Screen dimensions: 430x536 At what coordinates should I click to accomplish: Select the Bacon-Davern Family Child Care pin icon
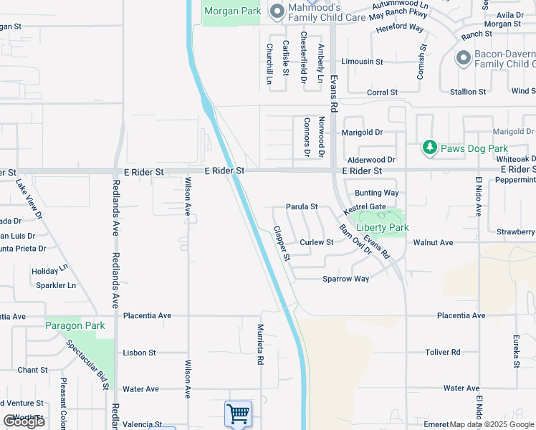click(x=464, y=58)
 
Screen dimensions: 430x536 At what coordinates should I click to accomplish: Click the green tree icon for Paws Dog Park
click(x=429, y=148)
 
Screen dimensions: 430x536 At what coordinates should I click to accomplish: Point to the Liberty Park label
click(x=383, y=227)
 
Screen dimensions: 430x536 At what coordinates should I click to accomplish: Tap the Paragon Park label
click(x=75, y=325)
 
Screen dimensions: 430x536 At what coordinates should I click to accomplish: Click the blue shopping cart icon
click(x=237, y=414)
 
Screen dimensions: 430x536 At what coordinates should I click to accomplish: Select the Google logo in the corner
click(x=24, y=421)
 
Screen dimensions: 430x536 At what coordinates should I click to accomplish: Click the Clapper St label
click(x=282, y=244)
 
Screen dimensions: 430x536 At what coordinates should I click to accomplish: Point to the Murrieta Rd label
click(x=261, y=344)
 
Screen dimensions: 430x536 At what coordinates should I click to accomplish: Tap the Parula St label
click(x=302, y=206)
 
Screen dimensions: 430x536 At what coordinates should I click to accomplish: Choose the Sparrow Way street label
click(x=345, y=279)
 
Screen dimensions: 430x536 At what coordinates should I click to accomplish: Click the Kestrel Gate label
click(x=365, y=207)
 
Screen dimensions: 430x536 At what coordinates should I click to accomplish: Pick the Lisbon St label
click(x=139, y=353)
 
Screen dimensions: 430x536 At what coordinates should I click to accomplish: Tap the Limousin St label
click(x=362, y=62)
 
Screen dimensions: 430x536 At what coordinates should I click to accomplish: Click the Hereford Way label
click(x=400, y=27)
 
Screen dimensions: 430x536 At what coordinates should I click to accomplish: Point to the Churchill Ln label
click(x=269, y=64)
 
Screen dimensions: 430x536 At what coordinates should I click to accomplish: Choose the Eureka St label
click(x=515, y=351)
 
